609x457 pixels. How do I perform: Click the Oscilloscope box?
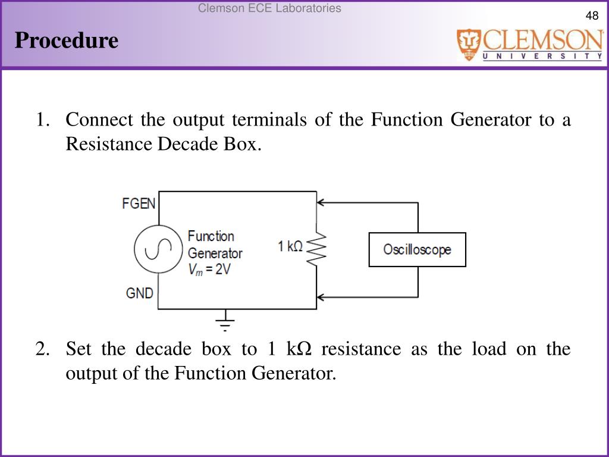(417, 249)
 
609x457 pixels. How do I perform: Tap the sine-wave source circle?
(157, 249)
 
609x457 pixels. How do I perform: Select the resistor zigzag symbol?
(316, 249)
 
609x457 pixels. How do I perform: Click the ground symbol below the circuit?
(225, 322)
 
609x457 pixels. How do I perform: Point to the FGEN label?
(139, 204)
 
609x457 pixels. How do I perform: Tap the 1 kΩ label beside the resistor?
(291, 245)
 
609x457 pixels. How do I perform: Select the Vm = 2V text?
(209, 269)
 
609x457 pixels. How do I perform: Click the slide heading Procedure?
(67, 41)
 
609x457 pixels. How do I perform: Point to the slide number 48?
(592, 16)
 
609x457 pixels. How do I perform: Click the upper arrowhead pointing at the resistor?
(322, 203)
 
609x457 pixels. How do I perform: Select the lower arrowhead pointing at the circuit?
(322, 296)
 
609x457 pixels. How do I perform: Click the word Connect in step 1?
(99, 120)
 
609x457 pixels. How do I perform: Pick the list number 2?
(42, 348)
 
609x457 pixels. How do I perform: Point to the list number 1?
(42, 120)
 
